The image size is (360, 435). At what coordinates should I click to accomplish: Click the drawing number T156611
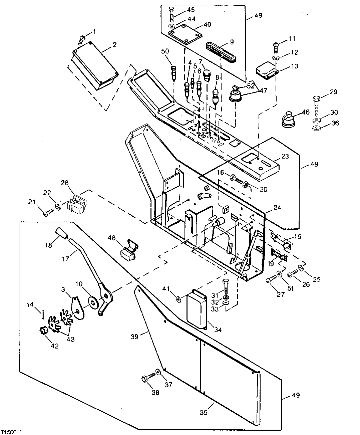(x=11, y=432)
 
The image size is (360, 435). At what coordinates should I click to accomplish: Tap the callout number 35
(x=204, y=413)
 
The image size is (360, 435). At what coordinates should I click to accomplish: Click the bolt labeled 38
(x=147, y=379)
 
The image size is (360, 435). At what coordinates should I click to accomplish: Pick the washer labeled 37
(x=158, y=372)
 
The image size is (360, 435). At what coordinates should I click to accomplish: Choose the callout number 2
(x=114, y=44)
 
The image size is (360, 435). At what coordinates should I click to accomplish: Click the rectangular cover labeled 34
(x=197, y=309)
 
